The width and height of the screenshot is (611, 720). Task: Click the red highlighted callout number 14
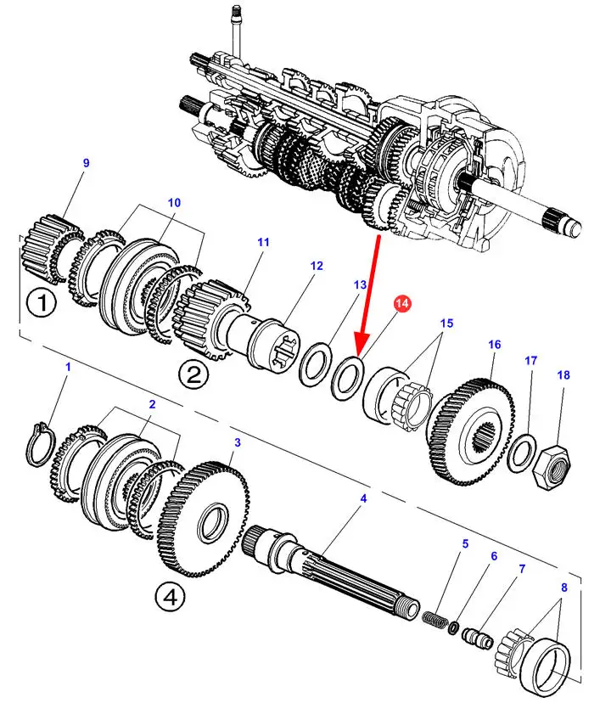401,303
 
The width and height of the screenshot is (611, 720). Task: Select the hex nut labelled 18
552,465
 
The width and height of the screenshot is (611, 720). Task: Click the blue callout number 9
86,163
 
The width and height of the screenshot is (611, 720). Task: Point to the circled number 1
42,303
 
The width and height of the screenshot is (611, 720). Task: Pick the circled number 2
193,375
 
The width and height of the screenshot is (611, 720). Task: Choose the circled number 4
170,598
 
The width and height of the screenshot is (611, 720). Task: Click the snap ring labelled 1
41,443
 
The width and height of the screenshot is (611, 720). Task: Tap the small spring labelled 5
434,620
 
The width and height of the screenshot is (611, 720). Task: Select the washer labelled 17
522,453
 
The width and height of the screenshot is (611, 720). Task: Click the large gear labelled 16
471,431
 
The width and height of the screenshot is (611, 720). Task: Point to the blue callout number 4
363,498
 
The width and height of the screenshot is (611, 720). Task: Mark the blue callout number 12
317,266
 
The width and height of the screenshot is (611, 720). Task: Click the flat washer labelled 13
315,363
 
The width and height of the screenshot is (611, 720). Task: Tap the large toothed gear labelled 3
204,520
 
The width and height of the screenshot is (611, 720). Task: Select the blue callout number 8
564,588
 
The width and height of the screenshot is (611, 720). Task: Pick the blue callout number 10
174,202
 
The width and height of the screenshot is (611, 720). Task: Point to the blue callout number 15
446,323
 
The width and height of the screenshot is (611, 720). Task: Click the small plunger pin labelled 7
478,637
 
